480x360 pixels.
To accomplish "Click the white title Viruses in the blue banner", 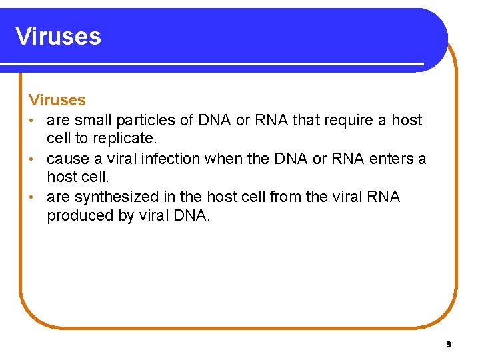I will coord(58,36).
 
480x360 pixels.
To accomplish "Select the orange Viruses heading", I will coord(57,100).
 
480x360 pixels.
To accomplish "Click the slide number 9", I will coord(449,344).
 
